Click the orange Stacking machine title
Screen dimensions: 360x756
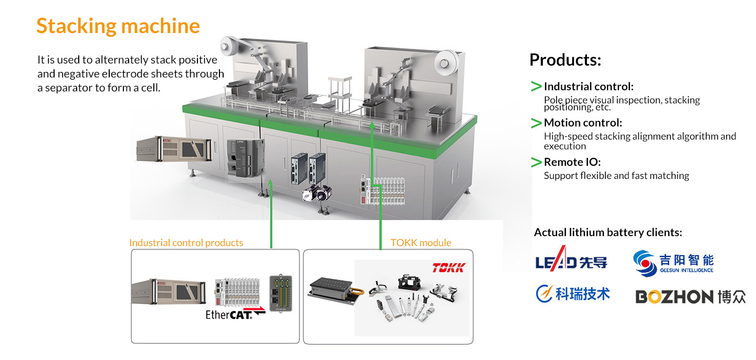[118, 26]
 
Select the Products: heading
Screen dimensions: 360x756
[565, 60]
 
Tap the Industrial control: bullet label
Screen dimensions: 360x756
[589, 87]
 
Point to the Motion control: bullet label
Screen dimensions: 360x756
[583, 123]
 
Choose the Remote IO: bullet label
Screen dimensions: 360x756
[572, 162]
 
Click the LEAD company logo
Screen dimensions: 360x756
[571, 259]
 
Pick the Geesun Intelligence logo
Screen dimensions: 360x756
[673, 262]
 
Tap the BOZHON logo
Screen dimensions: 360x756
[690, 297]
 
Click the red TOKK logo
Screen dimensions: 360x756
[448, 268]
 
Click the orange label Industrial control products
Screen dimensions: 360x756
[186, 243]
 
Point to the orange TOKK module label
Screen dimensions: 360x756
[421, 243]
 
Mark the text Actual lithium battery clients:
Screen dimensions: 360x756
[608, 232]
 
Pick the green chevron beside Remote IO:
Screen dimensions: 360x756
[536, 162]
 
